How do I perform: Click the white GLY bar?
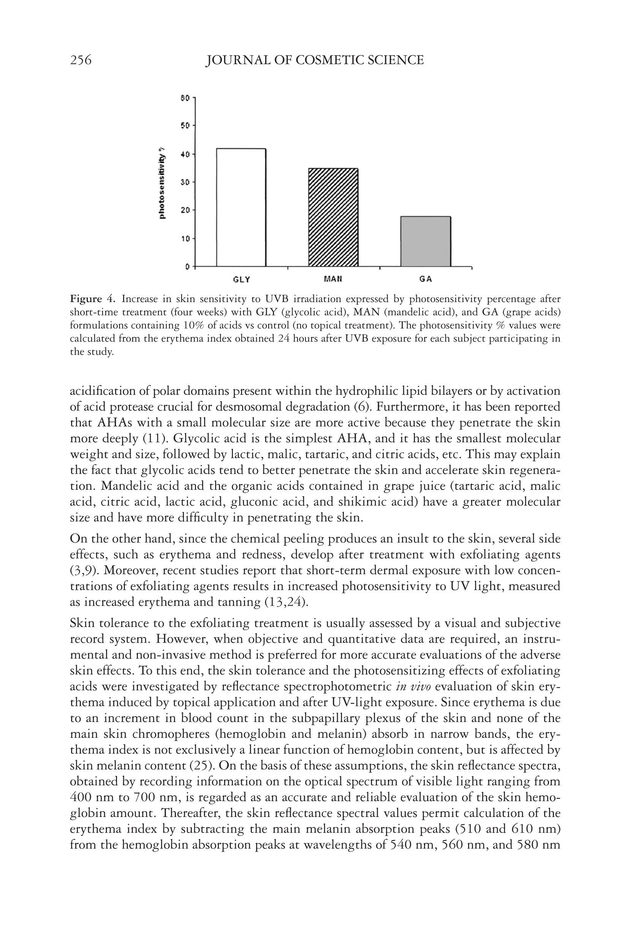pos(241,207)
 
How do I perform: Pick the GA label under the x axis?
pos(426,279)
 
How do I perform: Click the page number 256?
pos(81,60)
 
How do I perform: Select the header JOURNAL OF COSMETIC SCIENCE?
pos(315,60)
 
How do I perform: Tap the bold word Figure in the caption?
pos(86,299)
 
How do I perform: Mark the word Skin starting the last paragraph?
pos(83,623)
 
